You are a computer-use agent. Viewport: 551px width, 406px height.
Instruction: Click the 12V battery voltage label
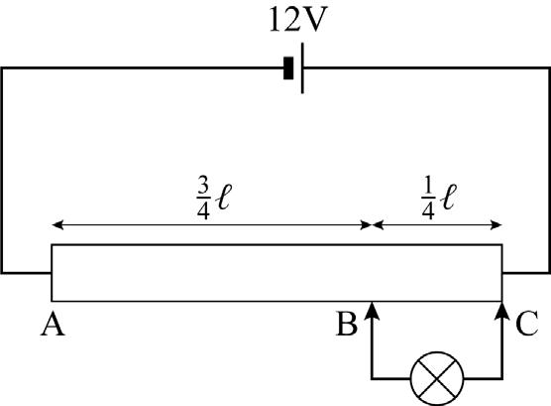(x=298, y=20)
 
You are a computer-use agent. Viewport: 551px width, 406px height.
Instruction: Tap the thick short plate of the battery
(x=288, y=68)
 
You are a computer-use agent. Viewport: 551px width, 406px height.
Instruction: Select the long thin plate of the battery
(x=302, y=68)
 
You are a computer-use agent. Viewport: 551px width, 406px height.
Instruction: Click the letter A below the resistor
(x=53, y=324)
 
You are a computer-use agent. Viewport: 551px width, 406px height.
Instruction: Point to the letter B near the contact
(x=347, y=324)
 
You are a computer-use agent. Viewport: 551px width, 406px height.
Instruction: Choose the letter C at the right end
(x=527, y=324)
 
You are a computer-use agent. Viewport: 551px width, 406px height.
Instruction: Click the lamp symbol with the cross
(x=437, y=378)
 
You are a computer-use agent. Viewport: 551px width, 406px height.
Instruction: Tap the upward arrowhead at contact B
(x=372, y=311)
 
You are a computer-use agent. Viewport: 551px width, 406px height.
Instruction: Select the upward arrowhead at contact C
(x=502, y=311)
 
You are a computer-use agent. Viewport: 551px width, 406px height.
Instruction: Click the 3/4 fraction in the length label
(x=203, y=199)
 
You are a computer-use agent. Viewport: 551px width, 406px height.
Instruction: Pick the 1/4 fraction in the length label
(x=428, y=199)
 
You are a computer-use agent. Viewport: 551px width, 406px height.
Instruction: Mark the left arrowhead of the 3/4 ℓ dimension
(x=57, y=224)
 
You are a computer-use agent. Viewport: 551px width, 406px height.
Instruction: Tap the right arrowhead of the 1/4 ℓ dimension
(x=496, y=224)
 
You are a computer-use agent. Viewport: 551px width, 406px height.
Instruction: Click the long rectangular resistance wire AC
(x=276, y=273)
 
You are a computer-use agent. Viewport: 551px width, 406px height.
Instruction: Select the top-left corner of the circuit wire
(x=2, y=68)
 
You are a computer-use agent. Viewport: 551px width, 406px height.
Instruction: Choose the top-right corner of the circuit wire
(x=549, y=68)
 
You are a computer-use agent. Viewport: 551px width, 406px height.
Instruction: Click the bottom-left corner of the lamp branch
(x=372, y=378)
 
